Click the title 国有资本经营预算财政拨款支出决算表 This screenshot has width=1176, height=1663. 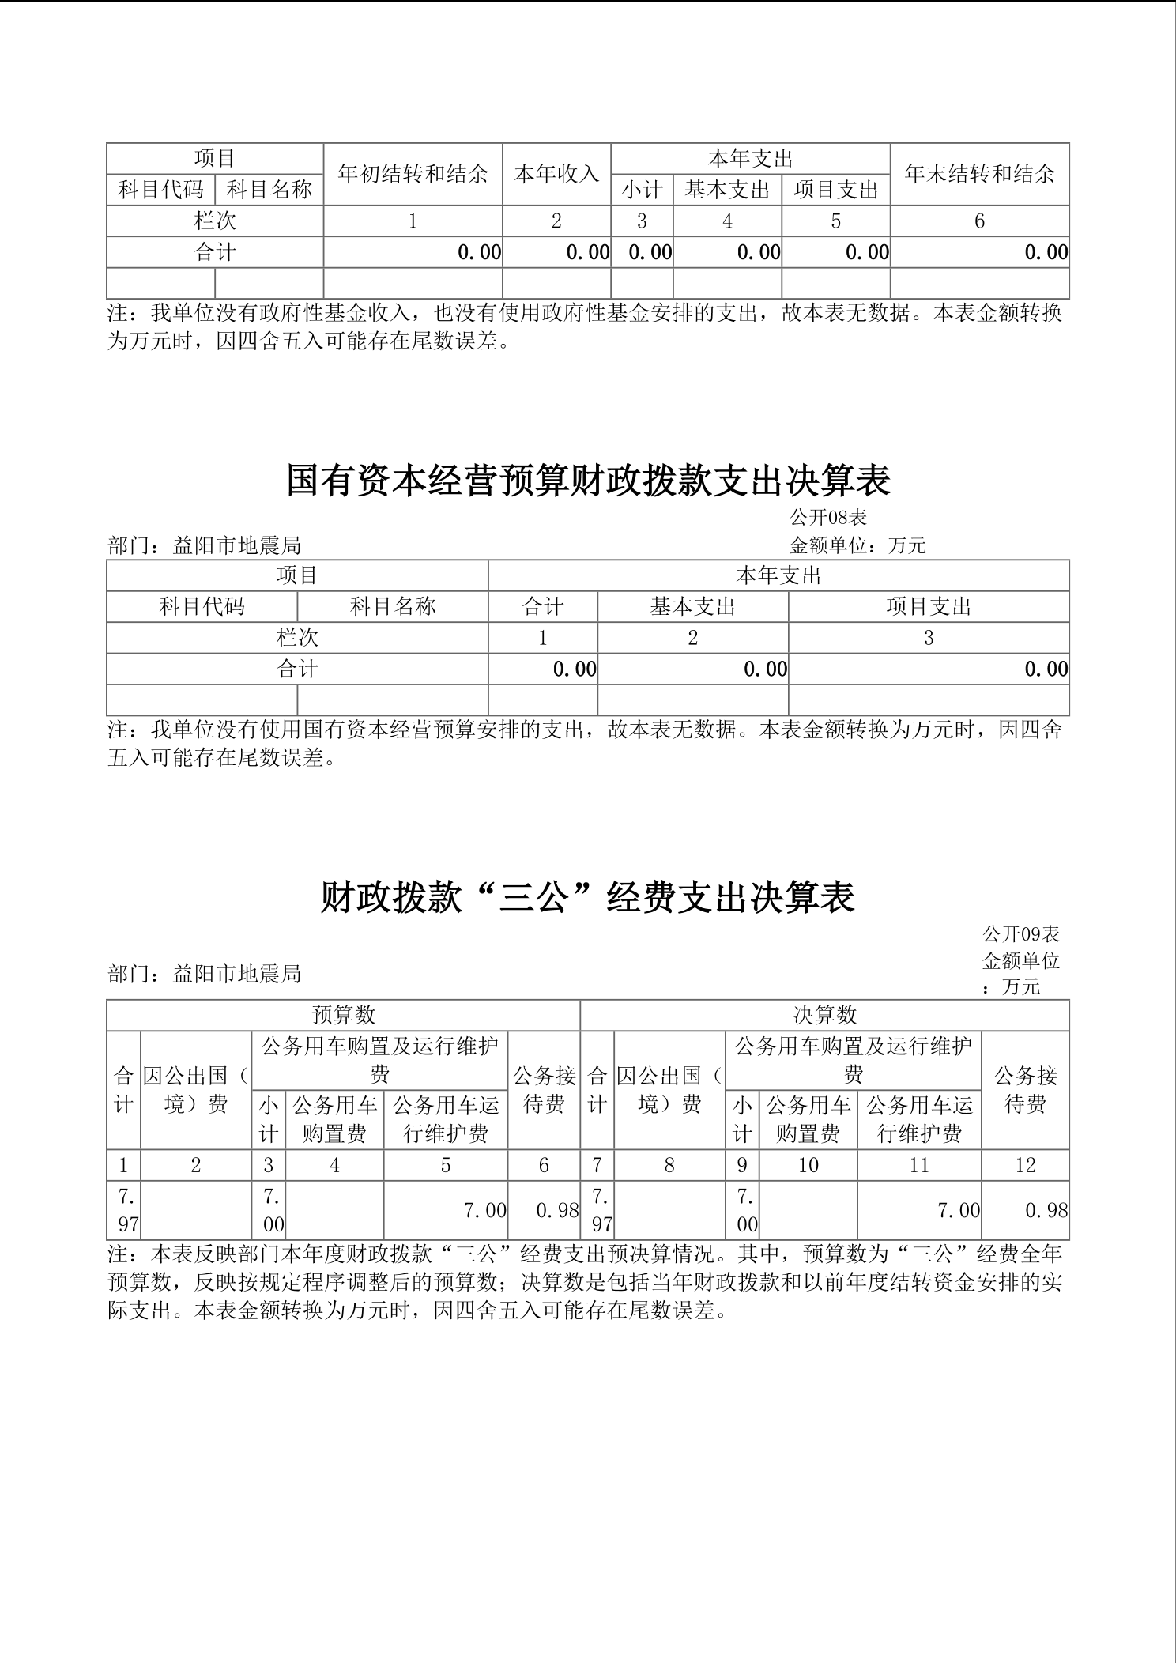(x=588, y=481)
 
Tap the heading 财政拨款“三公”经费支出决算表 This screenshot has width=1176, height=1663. (x=588, y=898)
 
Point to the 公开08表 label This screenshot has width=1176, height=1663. (x=828, y=518)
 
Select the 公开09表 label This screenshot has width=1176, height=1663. (x=1021, y=934)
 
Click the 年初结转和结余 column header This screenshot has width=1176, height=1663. (x=413, y=174)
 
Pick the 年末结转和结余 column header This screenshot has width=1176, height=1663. (x=979, y=174)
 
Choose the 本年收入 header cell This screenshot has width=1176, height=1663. (x=556, y=174)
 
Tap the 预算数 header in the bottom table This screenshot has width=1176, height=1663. (x=343, y=1015)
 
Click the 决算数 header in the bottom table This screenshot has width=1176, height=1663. (x=824, y=1015)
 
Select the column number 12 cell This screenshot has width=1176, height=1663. (x=1025, y=1165)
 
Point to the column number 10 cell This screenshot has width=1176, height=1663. (x=808, y=1165)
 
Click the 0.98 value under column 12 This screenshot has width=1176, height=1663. (x=1045, y=1210)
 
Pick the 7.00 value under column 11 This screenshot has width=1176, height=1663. (x=958, y=1210)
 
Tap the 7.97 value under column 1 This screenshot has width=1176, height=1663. (x=124, y=1210)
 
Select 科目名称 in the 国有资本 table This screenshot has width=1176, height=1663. (x=393, y=606)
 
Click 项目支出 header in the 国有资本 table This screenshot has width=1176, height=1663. (x=929, y=606)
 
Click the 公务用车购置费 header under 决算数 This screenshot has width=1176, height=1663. (x=808, y=1119)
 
